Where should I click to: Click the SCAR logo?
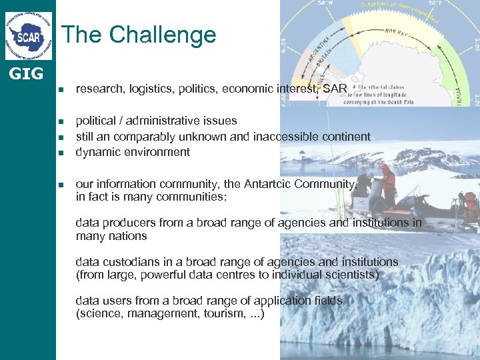28,35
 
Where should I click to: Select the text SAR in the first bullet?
335,89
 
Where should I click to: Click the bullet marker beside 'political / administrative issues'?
61,121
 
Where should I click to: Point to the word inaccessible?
281,137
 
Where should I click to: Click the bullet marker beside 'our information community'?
61,185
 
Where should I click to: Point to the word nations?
129,236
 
